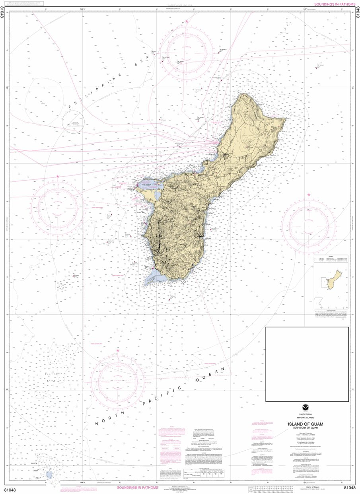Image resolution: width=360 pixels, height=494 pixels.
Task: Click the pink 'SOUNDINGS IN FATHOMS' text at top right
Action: click(x=335, y=4)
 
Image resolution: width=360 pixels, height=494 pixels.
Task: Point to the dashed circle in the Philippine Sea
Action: click(x=73, y=122)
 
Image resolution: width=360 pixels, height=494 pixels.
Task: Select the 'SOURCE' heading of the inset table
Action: click(x=331, y=257)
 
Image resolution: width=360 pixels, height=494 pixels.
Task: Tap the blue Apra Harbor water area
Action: click(x=150, y=186)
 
